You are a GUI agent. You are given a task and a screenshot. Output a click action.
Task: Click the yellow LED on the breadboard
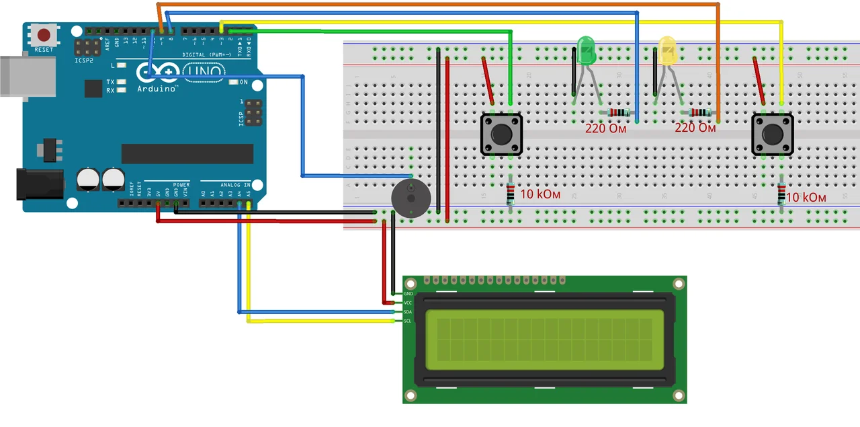666,52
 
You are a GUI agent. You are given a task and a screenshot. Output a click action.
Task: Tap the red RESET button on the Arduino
44,36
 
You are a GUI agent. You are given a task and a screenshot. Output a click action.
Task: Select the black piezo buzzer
411,198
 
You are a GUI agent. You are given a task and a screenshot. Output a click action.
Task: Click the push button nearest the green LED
501,134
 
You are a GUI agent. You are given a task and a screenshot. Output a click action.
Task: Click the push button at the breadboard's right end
771,134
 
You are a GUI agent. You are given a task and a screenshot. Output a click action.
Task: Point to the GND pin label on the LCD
408,295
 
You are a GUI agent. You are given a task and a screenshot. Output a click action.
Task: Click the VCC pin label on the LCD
408,303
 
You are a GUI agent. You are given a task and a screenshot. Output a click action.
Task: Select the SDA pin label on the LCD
408,312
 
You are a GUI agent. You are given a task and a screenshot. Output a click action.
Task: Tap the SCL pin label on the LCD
408,321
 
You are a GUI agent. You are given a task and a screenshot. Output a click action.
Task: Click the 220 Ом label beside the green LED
605,128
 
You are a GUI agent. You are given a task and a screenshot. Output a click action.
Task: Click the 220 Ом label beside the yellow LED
695,127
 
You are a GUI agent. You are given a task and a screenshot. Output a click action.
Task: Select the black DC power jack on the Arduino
39,184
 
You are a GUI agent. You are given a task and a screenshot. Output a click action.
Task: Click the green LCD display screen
544,339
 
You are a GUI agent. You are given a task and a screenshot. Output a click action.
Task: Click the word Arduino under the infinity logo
158,89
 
